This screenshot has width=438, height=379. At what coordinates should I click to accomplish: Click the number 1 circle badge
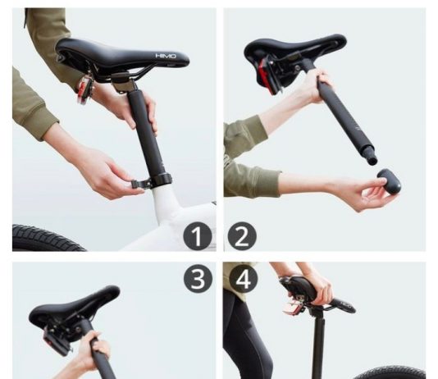tap(197, 236)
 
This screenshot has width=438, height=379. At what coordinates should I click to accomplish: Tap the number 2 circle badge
tap(242, 236)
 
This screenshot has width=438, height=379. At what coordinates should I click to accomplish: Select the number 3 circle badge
tap(198, 279)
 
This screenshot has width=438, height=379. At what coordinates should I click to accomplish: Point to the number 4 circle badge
tap(244, 279)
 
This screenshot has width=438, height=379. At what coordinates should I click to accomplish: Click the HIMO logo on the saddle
tap(166, 56)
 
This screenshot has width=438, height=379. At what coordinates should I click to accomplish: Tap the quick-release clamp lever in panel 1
tap(139, 184)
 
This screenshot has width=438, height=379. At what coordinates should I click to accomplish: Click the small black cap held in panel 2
tap(389, 180)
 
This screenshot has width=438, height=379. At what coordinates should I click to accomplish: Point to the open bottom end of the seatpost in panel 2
tap(372, 161)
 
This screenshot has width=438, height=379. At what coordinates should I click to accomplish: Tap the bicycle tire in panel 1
tap(48, 237)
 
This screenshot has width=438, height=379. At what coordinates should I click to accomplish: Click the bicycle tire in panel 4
tap(391, 372)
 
